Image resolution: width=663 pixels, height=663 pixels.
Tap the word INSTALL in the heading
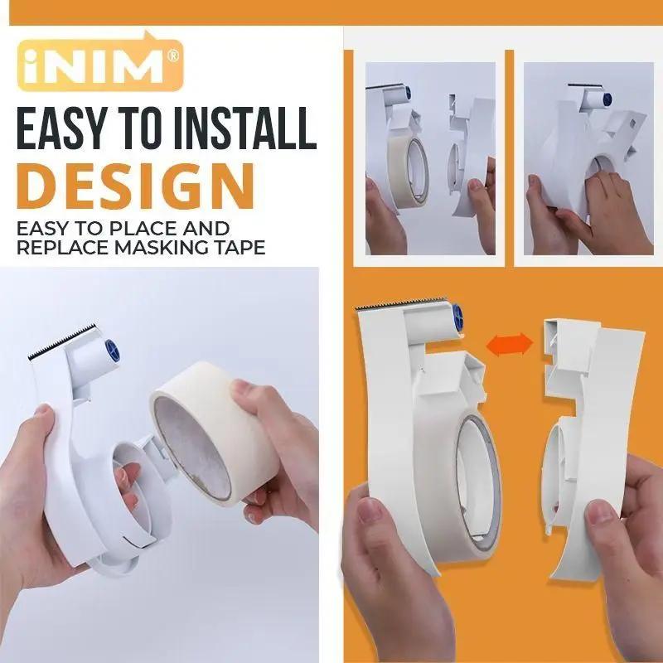pyautogui.click(x=248, y=131)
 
